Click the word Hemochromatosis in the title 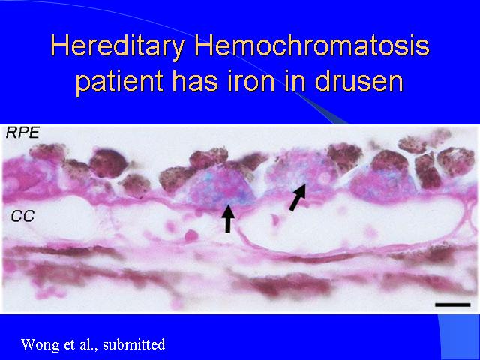click(x=312, y=45)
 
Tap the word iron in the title click(x=251, y=81)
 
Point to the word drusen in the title click(x=358, y=81)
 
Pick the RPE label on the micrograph click(x=22, y=133)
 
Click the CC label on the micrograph click(x=22, y=217)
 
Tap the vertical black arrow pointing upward click(x=228, y=218)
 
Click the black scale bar click(x=453, y=304)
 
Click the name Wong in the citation click(x=40, y=344)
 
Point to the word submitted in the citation click(x=134, y=344)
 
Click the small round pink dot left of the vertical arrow click(x=191, y=235)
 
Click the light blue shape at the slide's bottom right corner click(x=459, y=337)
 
